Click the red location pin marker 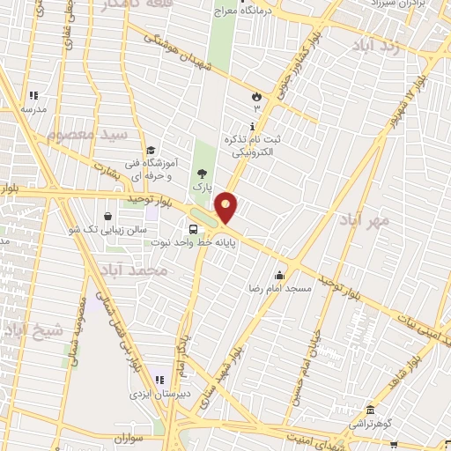(226, 206)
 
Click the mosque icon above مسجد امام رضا (279, 274)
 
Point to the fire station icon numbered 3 (257, 93)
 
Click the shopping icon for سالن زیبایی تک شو (107, 216)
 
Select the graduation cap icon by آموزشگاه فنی (151, 150)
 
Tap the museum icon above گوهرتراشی (371, 410)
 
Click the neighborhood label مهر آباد (368, 221)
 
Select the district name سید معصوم (87, 134)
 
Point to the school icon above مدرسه (34, 95)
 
